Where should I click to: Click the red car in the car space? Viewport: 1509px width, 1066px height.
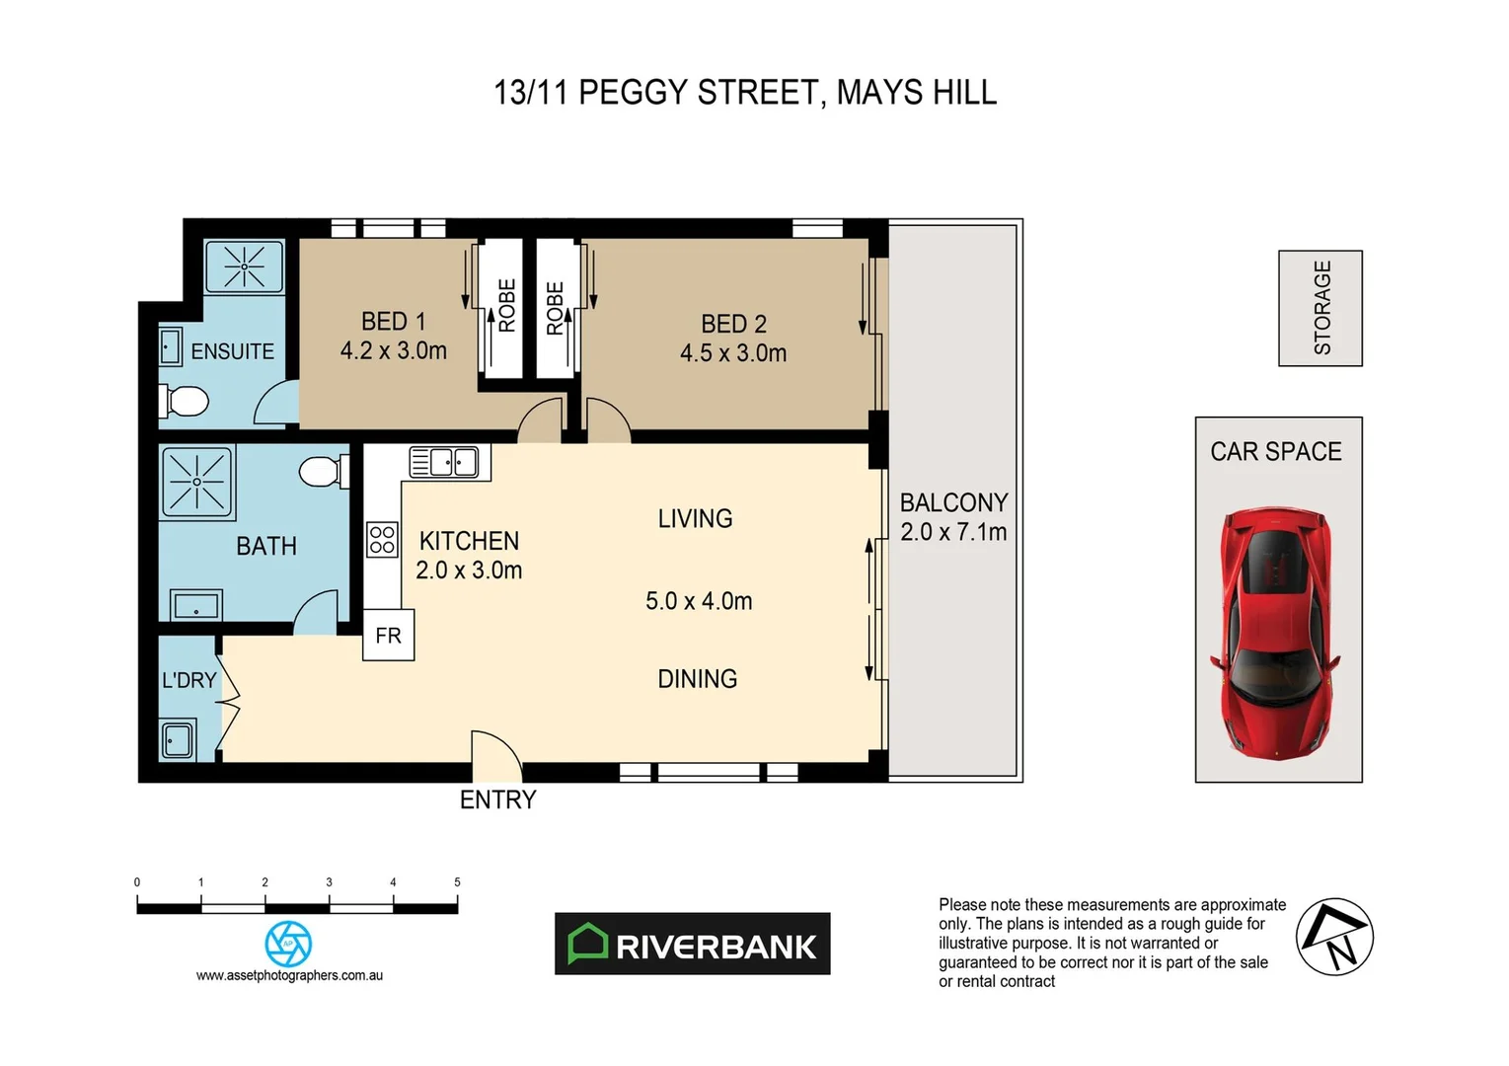pos(1276,635)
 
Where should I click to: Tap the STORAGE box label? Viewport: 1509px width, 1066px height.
pos(1321,308)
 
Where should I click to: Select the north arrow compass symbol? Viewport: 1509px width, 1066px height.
pos(1334,937)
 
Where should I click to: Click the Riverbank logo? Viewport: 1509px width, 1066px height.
pos(692,945)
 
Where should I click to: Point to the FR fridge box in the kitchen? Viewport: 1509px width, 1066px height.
pos(388,636)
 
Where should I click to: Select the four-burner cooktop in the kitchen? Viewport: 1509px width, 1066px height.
pos(382,540)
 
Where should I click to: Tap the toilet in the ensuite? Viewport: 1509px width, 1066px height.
pos(185,402)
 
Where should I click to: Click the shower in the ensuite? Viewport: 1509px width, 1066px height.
pos(244,266)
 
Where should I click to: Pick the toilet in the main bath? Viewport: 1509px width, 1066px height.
pos(323,471)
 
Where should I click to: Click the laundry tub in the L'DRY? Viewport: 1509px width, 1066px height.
pos(178,739)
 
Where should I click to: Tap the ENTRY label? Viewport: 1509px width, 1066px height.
pos(497,799)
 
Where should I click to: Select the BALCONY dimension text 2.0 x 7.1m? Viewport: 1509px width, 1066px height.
pos(953,533)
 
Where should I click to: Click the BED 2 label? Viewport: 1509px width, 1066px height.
pos(733,324)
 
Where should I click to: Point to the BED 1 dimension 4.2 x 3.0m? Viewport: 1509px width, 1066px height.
pos(393,351)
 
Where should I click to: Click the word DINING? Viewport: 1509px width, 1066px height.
pos(697,679)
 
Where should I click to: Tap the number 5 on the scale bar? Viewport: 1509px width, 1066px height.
pos(457,882)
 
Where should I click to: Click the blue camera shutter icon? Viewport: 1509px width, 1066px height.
pos(288,944)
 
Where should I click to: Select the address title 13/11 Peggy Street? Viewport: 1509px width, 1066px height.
pos(744,93)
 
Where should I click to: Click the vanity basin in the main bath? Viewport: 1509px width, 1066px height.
pos(196,604)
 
